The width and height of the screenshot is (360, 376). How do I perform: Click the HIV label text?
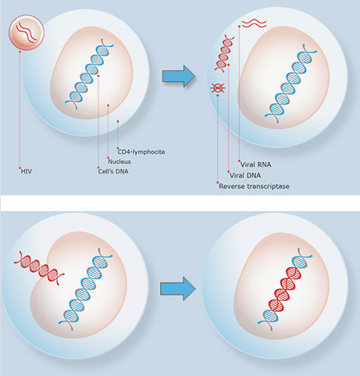coord(27,168)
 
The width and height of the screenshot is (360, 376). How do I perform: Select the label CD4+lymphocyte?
coord(142,151)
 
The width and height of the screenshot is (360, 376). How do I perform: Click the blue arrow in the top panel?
coord(178,76)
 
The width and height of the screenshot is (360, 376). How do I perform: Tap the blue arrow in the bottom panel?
coord(176,288)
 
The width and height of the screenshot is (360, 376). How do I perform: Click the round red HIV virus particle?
coord(25,34)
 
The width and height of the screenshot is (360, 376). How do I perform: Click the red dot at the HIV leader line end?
coord(20,167)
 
